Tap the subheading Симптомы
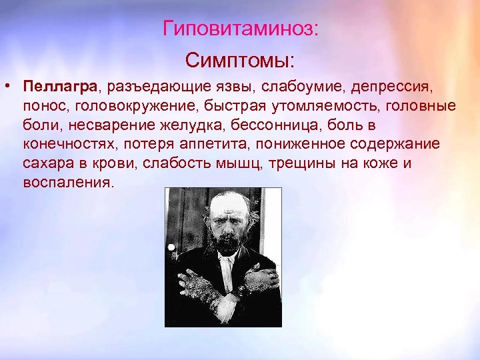(239, 61)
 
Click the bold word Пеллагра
(59, 87)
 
